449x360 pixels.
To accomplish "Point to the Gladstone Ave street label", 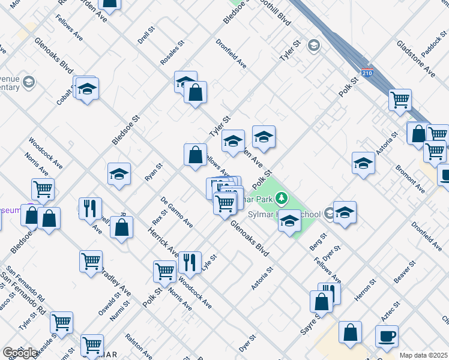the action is click(415, 59).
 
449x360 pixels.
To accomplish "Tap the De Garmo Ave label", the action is click(176, 212).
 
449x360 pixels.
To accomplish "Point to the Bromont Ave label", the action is click(411, 179).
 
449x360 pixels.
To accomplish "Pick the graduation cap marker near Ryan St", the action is click(119, 173).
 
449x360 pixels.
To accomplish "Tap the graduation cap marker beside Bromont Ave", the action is click(363, 163).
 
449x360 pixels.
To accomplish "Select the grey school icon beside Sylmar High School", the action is click(329, 213).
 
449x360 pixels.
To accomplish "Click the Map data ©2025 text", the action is click(423, 355).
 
